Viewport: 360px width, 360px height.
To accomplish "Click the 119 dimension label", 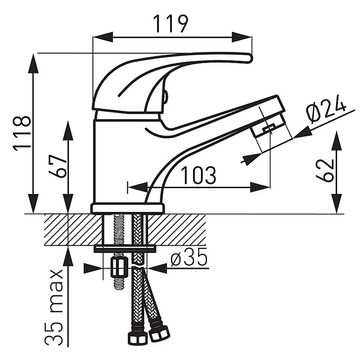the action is (171, 24).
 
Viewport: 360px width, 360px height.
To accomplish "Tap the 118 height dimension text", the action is (22, 134).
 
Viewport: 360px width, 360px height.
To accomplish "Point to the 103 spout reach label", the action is (198, 175).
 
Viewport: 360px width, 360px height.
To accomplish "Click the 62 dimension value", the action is (324, 170).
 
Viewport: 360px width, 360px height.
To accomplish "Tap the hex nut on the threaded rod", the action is (119, 267).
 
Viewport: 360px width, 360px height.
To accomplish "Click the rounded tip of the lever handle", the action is (249, 58).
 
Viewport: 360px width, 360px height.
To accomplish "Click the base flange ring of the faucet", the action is (128, 208).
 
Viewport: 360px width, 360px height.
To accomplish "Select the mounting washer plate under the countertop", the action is (125, 248).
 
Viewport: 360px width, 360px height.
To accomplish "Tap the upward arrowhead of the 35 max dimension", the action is (68, 257).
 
